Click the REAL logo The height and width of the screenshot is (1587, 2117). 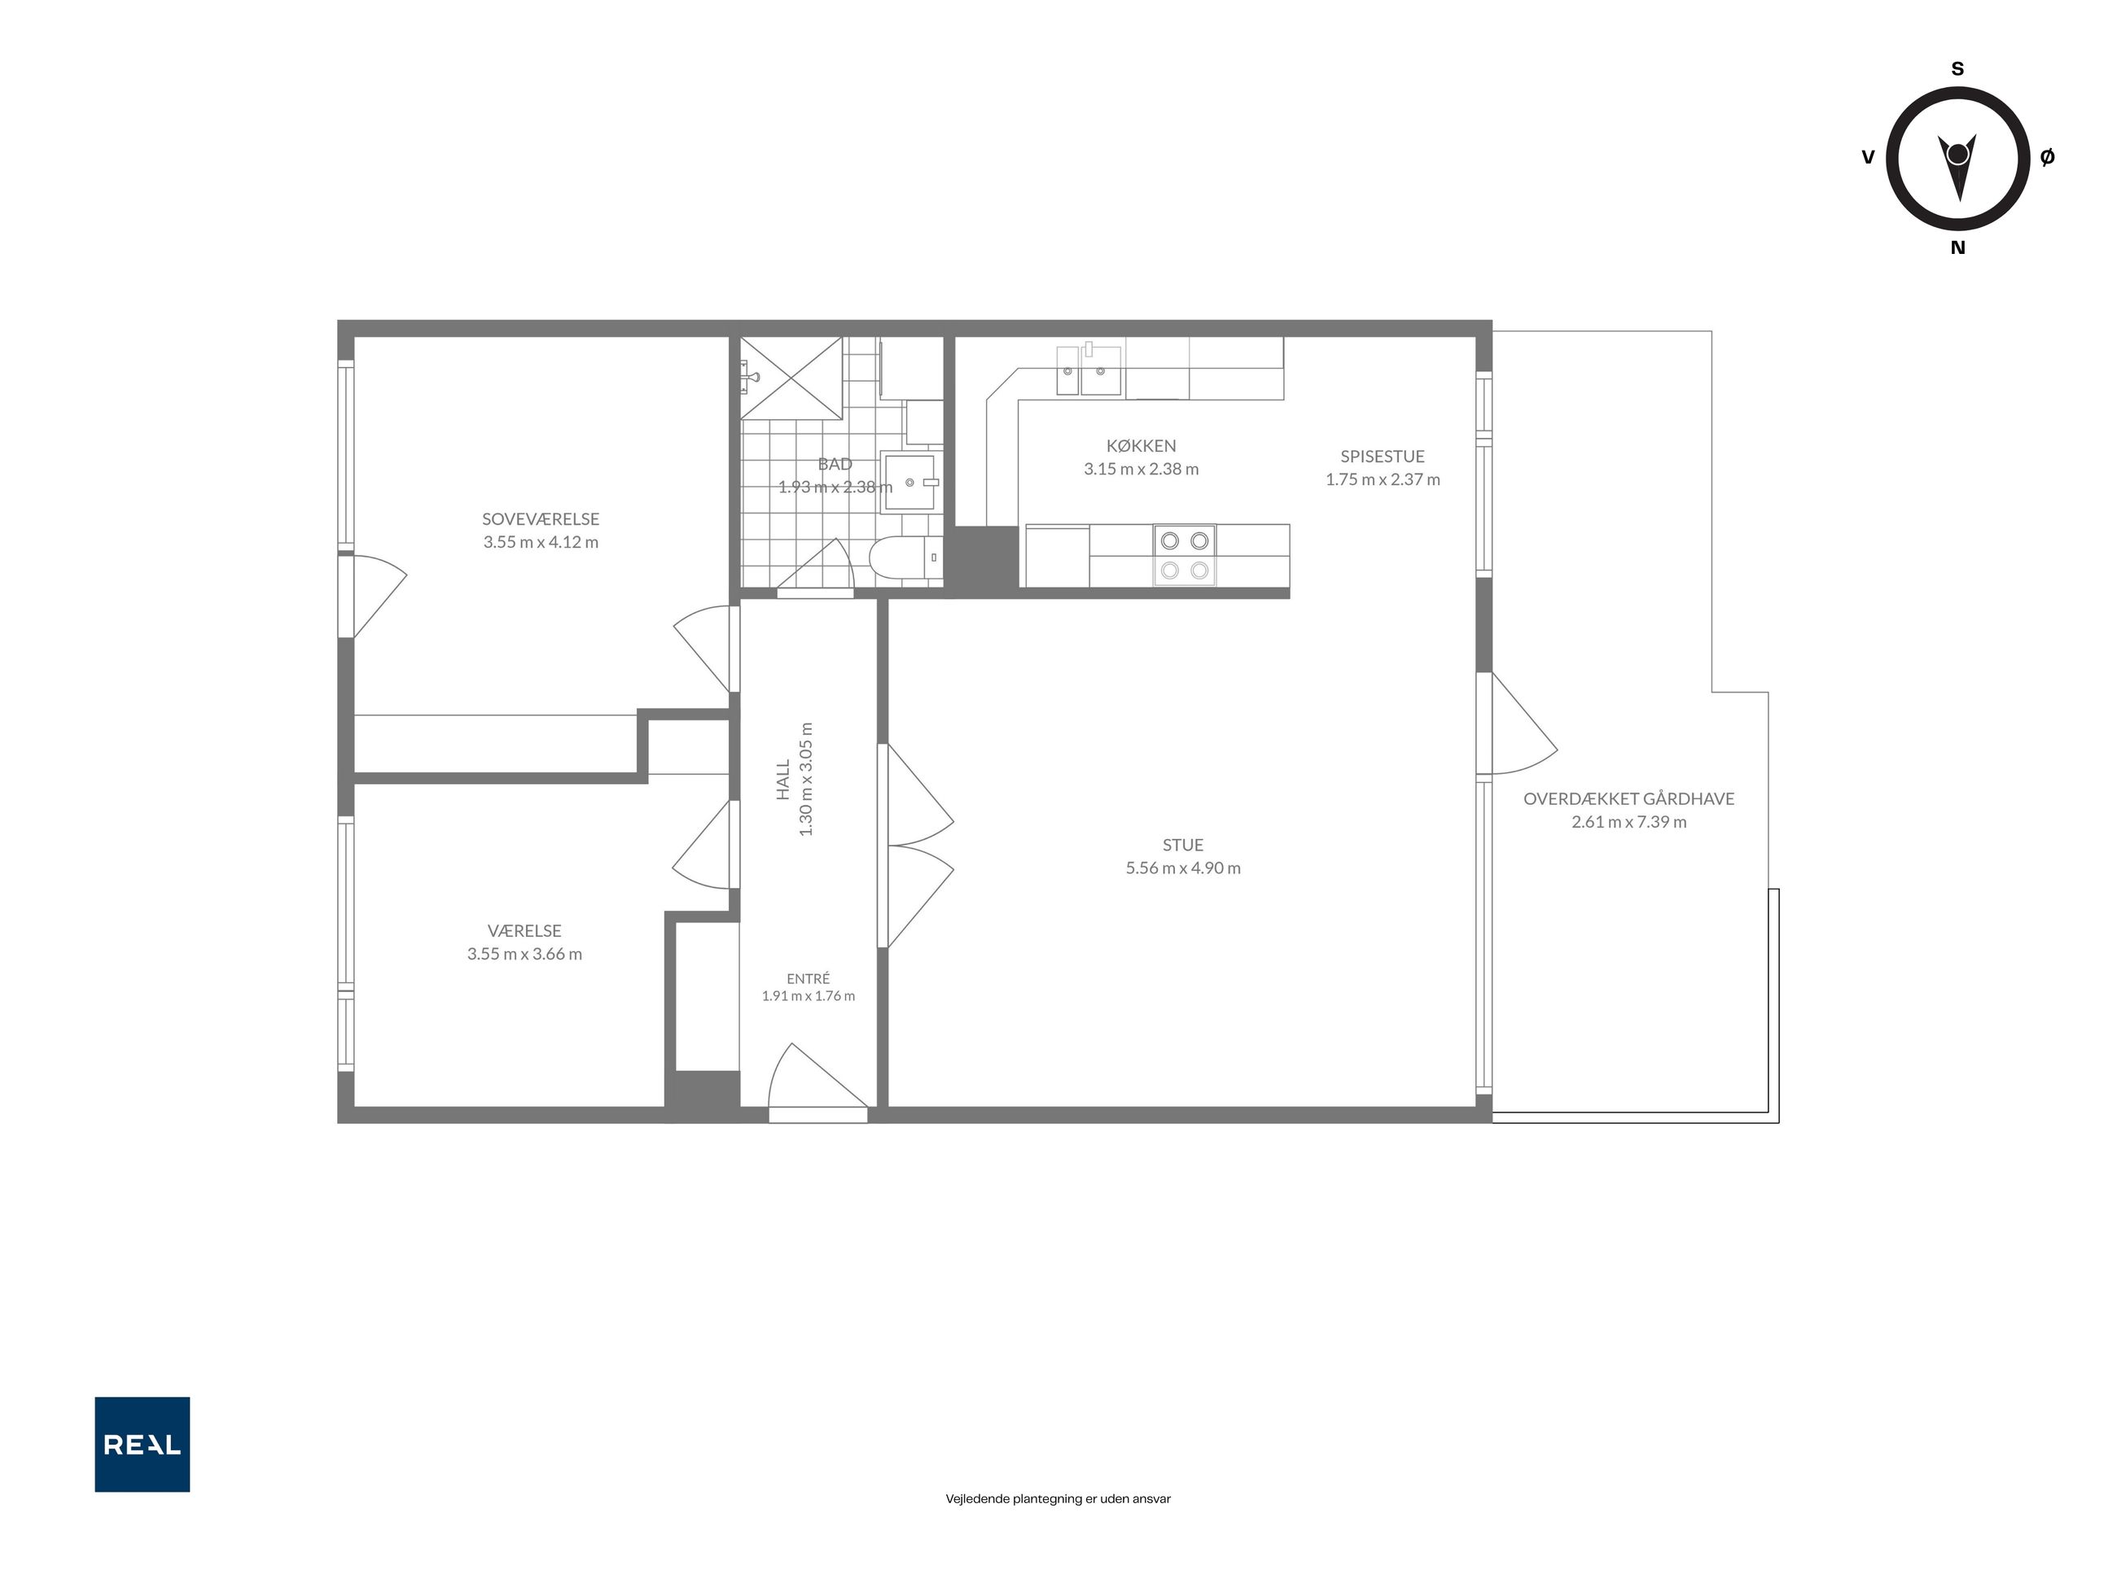(x=142, y=1444)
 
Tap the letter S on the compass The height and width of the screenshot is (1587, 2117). (x=1957, y=69)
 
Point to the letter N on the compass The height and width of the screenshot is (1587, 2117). (x=1957, y=247)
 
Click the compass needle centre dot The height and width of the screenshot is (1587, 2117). (x=1957, y=154)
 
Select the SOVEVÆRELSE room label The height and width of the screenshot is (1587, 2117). (x=541, y=519)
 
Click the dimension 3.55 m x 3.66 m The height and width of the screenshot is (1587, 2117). (x=524, y=954)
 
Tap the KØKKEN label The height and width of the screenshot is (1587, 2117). (x=1141, y=446)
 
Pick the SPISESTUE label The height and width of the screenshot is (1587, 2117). (x=1382, y=457)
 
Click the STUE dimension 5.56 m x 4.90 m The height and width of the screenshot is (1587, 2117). (x=1183, y=868)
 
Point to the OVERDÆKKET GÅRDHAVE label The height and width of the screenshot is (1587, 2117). (x=1629, y=798)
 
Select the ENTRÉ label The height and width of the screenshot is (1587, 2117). (x=809, y=978)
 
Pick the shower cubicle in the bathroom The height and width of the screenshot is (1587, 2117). (x=791, y=378)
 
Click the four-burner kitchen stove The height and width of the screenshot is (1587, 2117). (x=1184, y=556)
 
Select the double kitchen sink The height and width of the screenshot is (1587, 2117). (x=1089, y=371)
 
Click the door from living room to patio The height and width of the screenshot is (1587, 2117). (x=1518, y=724)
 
